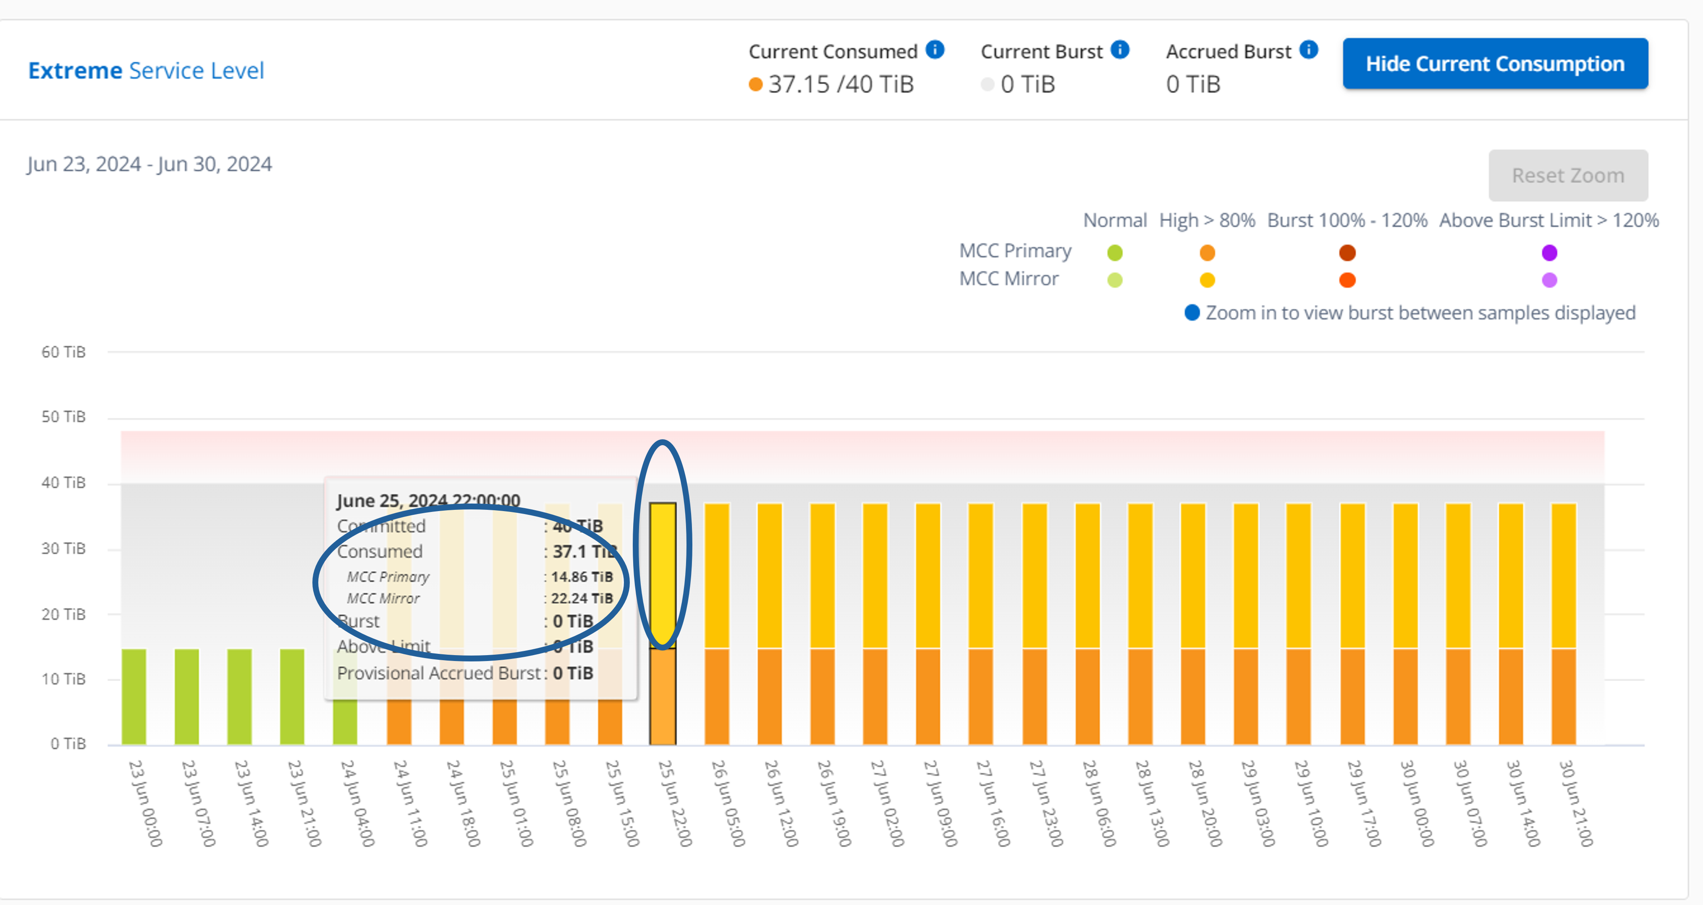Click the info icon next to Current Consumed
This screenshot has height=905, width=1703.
point(935,50)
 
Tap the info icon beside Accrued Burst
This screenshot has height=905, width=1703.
point(1308,50)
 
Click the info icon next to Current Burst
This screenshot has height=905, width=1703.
point(1120,50)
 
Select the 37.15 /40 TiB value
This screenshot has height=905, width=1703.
point(840,84)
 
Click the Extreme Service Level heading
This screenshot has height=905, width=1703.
point(146,70)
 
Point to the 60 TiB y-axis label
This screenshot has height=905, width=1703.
point(63,352)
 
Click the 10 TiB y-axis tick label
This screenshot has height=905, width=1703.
point(63,679)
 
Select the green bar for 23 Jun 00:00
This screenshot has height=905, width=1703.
point(134,696)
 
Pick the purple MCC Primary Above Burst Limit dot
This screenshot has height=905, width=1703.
point(1549,252)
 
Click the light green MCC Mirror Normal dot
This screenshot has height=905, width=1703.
point(1115,280)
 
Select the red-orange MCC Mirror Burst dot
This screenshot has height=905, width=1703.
point(1347,280)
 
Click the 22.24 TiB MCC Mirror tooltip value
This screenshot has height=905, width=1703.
point(582,598)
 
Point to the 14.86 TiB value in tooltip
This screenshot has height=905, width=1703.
point(582,577)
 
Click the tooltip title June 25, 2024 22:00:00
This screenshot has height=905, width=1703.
point(428,501)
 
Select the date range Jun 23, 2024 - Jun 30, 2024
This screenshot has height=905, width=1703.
point(149,164)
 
